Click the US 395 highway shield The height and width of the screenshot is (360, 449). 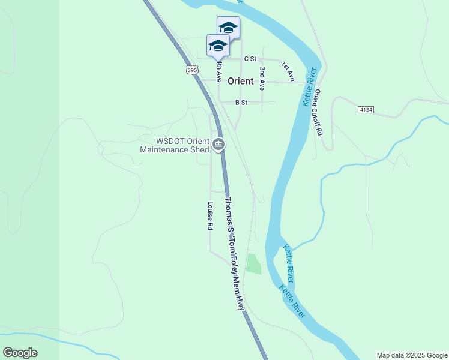[191, 70]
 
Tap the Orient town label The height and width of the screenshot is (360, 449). [240, 81]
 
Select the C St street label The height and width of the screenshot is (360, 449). [250, 59]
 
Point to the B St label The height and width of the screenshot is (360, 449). [241, 103]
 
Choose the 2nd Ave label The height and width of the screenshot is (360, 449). [262, 79]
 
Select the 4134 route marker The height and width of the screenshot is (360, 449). [366, 110]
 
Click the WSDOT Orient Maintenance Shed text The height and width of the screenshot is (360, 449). [174, 145]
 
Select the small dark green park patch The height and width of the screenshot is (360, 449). [253, 263]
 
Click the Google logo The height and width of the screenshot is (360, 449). [20, 353]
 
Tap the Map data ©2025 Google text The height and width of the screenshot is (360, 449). [412, 355]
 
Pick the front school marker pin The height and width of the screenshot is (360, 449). [218, 46]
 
